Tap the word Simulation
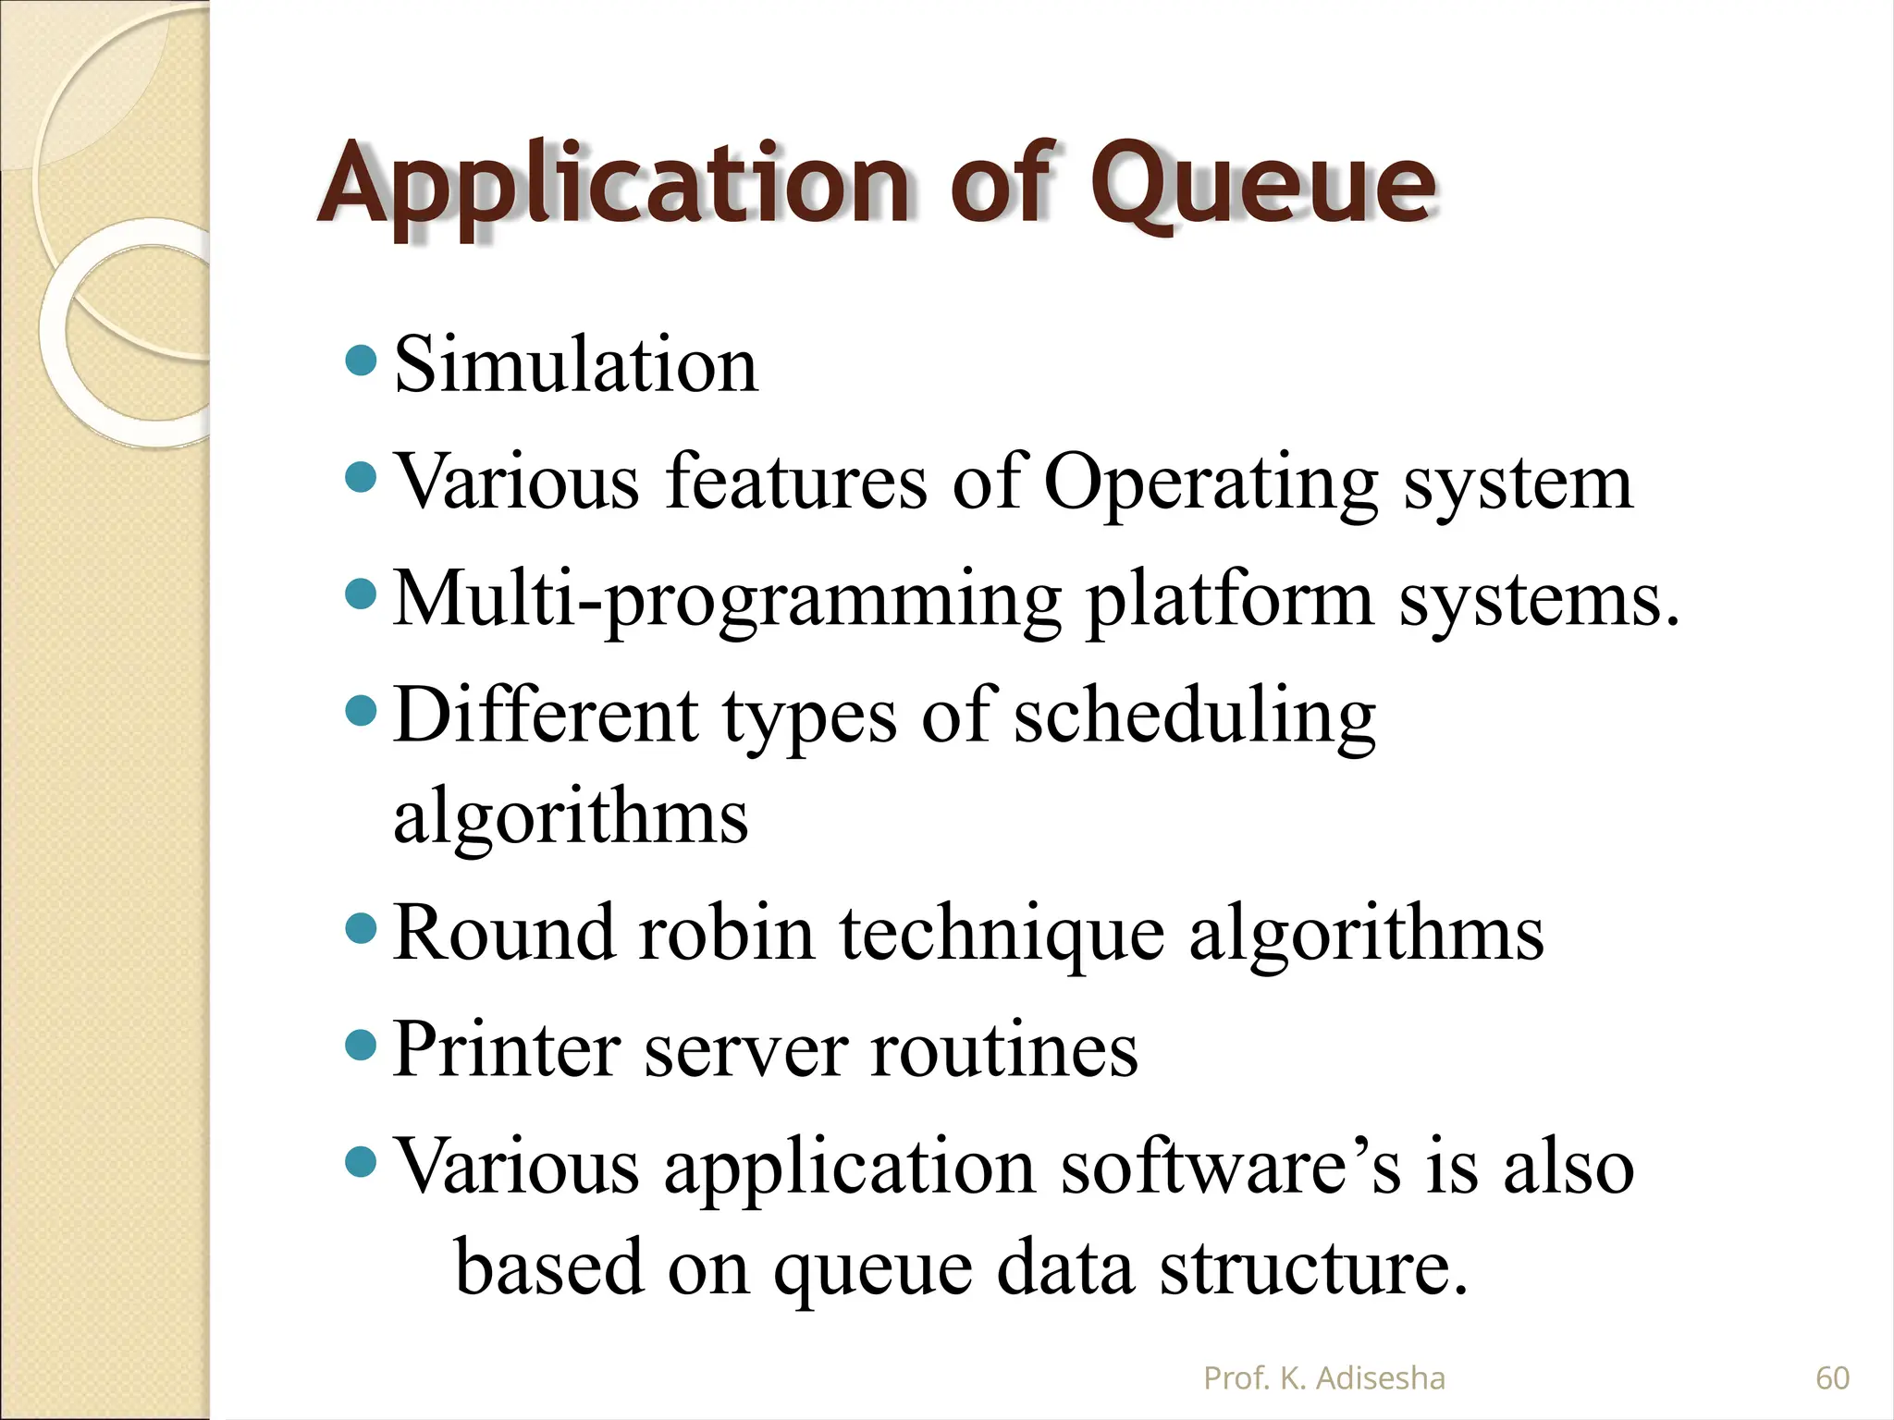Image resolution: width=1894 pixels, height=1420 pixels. point(575,365)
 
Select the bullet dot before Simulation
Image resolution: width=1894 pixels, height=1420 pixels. point(361,361)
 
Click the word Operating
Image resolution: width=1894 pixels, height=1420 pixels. point(1211,483)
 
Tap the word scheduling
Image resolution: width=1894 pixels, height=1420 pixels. point(1194,717)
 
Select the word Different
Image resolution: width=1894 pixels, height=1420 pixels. point(546,716)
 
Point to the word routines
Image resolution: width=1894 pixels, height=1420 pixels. point(1004,1051)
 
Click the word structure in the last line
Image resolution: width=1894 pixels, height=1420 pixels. point(1313,1267)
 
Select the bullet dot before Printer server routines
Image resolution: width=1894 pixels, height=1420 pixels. point(361,1047)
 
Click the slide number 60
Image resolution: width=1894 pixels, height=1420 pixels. point(1832,1378)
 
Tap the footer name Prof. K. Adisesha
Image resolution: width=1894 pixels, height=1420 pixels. point(1323,1378)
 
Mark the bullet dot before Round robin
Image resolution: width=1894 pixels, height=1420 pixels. point(361,928)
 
